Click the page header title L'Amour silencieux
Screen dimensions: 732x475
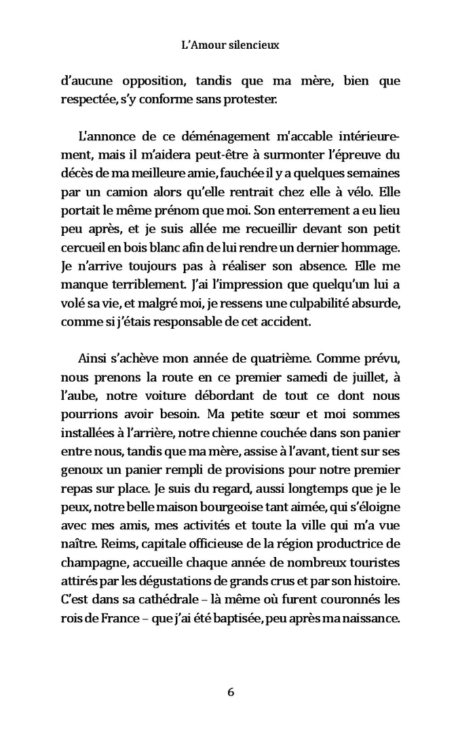point(231,47)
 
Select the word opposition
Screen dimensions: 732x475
point(153,82)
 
